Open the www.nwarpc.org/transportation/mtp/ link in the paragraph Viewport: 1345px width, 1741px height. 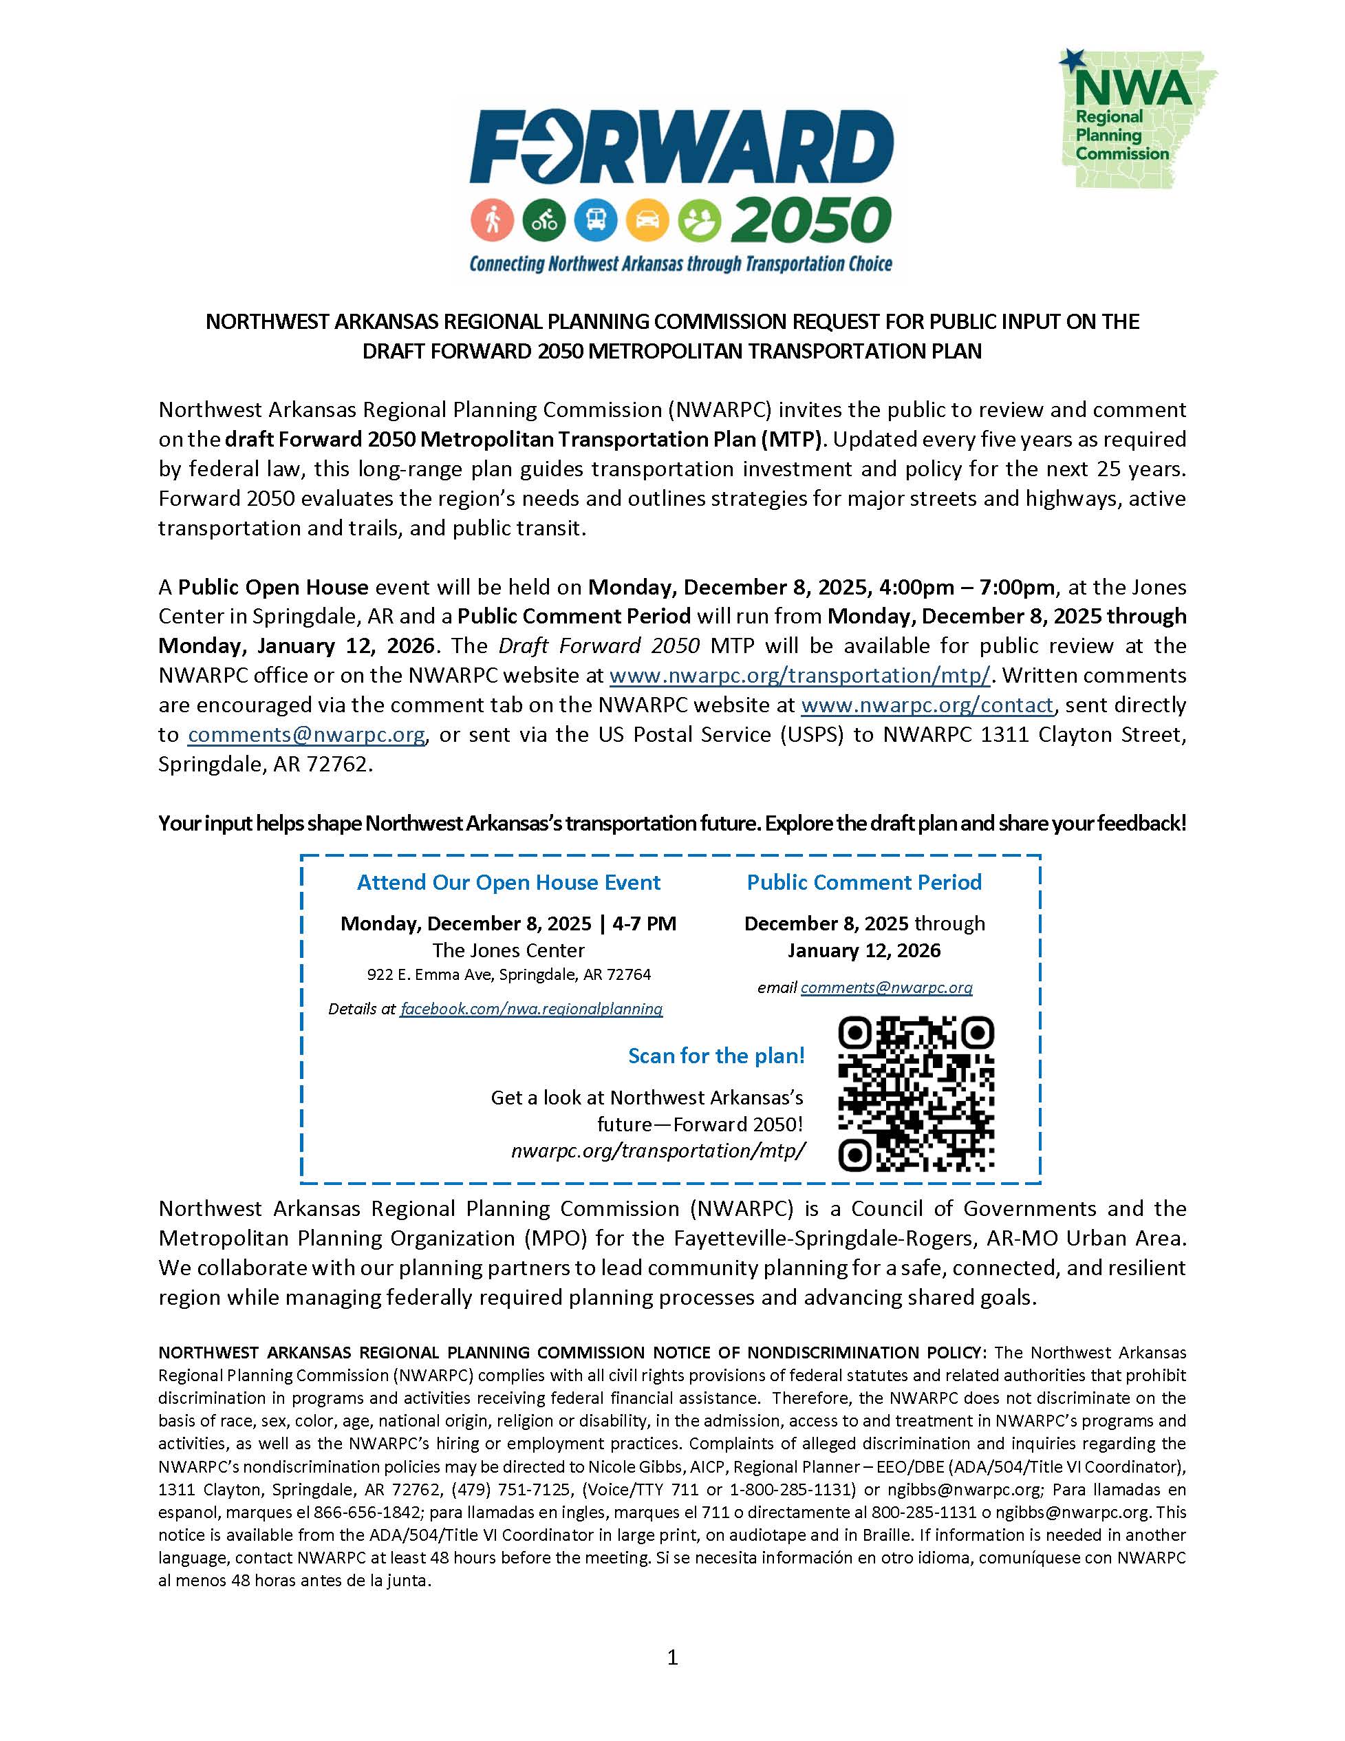click(799, 676)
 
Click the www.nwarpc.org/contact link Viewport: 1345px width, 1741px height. click(927, 705)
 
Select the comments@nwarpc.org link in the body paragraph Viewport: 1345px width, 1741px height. click(306, 735)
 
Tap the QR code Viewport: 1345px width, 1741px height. click(916, 1093)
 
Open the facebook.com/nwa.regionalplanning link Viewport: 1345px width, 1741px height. click(530, 1010)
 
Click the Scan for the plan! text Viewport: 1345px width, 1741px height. click(716, 1056)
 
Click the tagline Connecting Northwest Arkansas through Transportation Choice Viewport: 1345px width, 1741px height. click(680, 264)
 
